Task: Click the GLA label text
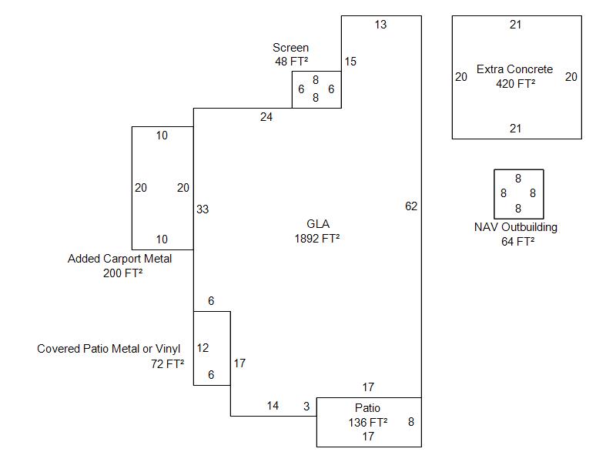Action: tap(317, 224)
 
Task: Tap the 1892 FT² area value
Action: tap(317, 239)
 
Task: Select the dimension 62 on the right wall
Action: tap(411, 206)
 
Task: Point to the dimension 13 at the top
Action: tap(380, 25)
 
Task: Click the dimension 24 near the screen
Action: tap(266, 117)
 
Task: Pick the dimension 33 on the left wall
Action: tap(203, 209)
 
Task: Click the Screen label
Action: tap(290, 48)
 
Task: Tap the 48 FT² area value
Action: tap(291, 62)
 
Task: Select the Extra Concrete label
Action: tap(514, 69)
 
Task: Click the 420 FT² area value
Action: tap(515, 84)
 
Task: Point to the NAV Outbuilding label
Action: tap(516, 227)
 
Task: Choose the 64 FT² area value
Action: tap(517, 242)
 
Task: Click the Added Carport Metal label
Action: tap(119, 259)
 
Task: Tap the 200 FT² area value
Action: tap(122, 273)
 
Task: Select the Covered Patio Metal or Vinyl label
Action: tap(109, 349)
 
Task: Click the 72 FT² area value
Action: tap(167, 363)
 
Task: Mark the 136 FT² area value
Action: tap(368, 422)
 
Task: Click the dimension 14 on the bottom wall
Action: tap(273, 406)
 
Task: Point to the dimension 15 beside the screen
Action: tap(350, 62)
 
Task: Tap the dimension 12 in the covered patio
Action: tap(203, 348)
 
